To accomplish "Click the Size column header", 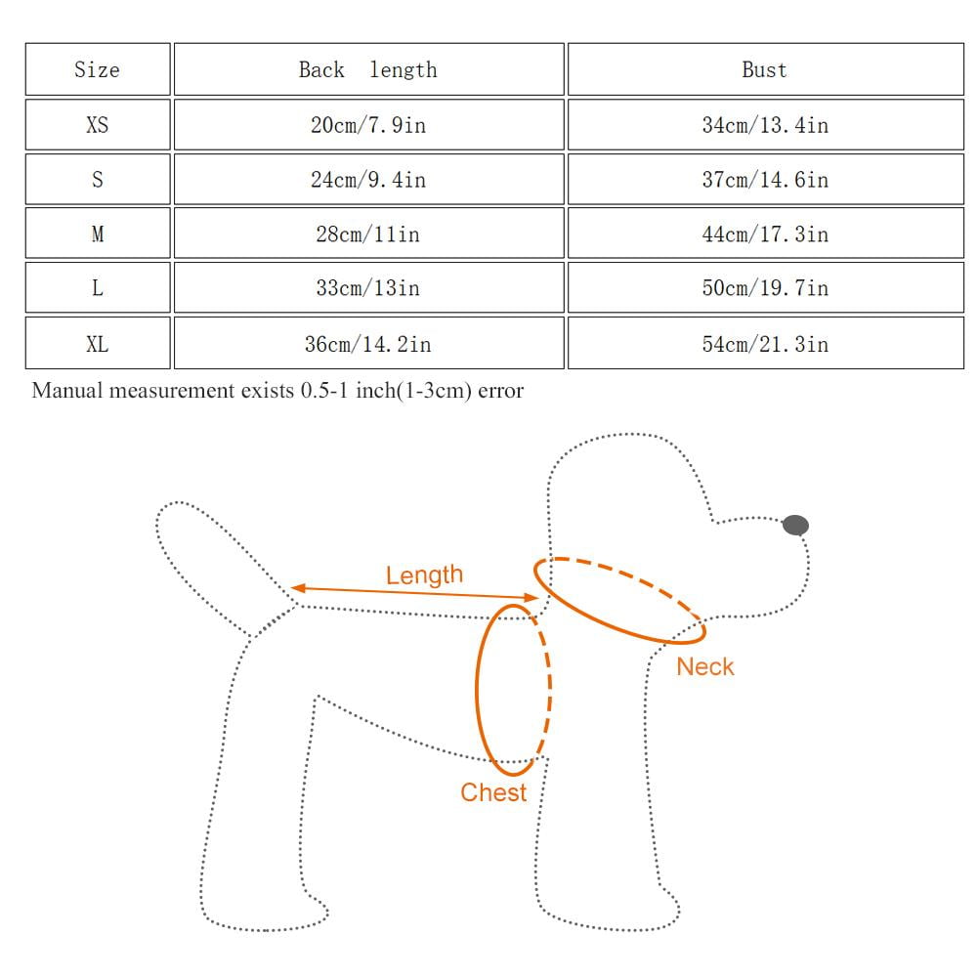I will coord(97,69).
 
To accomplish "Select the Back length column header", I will coord(367,69).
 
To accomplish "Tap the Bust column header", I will coord(764,69).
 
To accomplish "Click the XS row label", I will coord(97,125).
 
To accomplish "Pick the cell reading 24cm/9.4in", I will coord(367,180).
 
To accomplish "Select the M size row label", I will coord(97,234).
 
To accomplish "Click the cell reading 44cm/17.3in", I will coord(764,234).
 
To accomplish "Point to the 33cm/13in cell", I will coord(367,288).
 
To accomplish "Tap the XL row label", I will coord(97,344).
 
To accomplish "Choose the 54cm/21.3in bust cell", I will coord(764,344).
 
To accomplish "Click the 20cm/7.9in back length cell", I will coord(367,125).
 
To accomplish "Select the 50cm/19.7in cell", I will coord(764,288).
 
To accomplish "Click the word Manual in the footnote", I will coord(68,391).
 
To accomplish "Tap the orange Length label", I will coord(424,575).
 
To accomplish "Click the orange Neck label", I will coord(704,667).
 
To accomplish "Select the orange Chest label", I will coord(493,792).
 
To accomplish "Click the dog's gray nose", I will coord(796,526).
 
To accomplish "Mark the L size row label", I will coord(97,288).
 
